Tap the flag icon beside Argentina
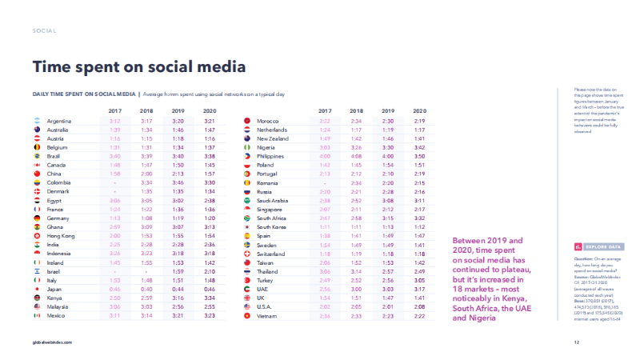36,121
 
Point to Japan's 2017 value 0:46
115,289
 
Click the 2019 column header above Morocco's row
388,110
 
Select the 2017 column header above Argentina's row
115,110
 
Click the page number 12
576,342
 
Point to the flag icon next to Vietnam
246,315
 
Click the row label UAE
262,289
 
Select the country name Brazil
56,156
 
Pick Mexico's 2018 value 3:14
146,315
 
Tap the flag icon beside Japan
36,289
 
